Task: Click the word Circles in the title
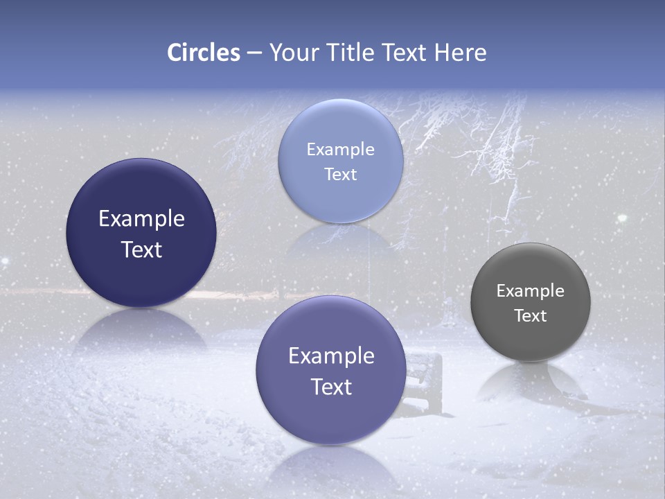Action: point(203,53)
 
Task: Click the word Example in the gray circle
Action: point(530,291)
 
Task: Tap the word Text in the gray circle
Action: point(531,316)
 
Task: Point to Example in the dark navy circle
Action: point(141,219)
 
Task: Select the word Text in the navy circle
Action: point(141,249)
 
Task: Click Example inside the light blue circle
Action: point(340,150)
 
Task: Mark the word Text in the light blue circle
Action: point(340,175)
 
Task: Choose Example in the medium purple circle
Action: point(331,356)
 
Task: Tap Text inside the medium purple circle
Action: point(331,387)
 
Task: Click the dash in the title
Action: point(254,53)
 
